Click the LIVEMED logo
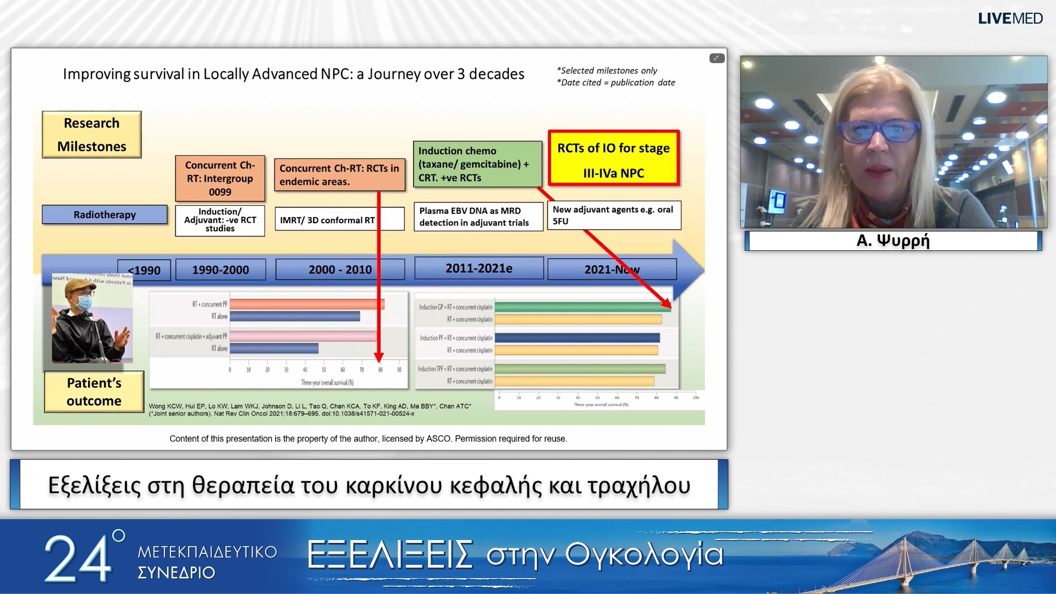pos(1010,19)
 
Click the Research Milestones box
pos(92,135)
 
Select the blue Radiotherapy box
pos(105,215)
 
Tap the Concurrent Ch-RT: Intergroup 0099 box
pos(220,178)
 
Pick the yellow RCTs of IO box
pos(613,159)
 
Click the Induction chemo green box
pos(477,164)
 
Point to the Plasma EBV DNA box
pos(477,217)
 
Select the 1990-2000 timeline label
pos(221,270)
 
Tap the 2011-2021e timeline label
pos(479,268)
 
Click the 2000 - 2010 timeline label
pos(340,269)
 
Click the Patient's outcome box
pos(94,392)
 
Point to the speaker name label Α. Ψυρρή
pos(893,241)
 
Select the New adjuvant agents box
pos(614,215)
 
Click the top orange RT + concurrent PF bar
pos(307,304)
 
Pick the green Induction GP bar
pos(582,307)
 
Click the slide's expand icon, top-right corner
pos(717,58)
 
